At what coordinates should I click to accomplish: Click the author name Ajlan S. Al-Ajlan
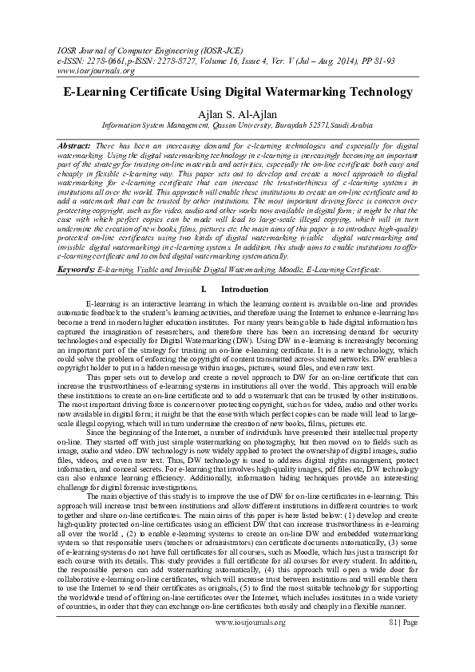click(x=237, y=113)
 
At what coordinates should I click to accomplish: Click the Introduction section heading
click(x=243, y=288)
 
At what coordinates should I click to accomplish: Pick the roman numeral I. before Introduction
click(x=205, y=288)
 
